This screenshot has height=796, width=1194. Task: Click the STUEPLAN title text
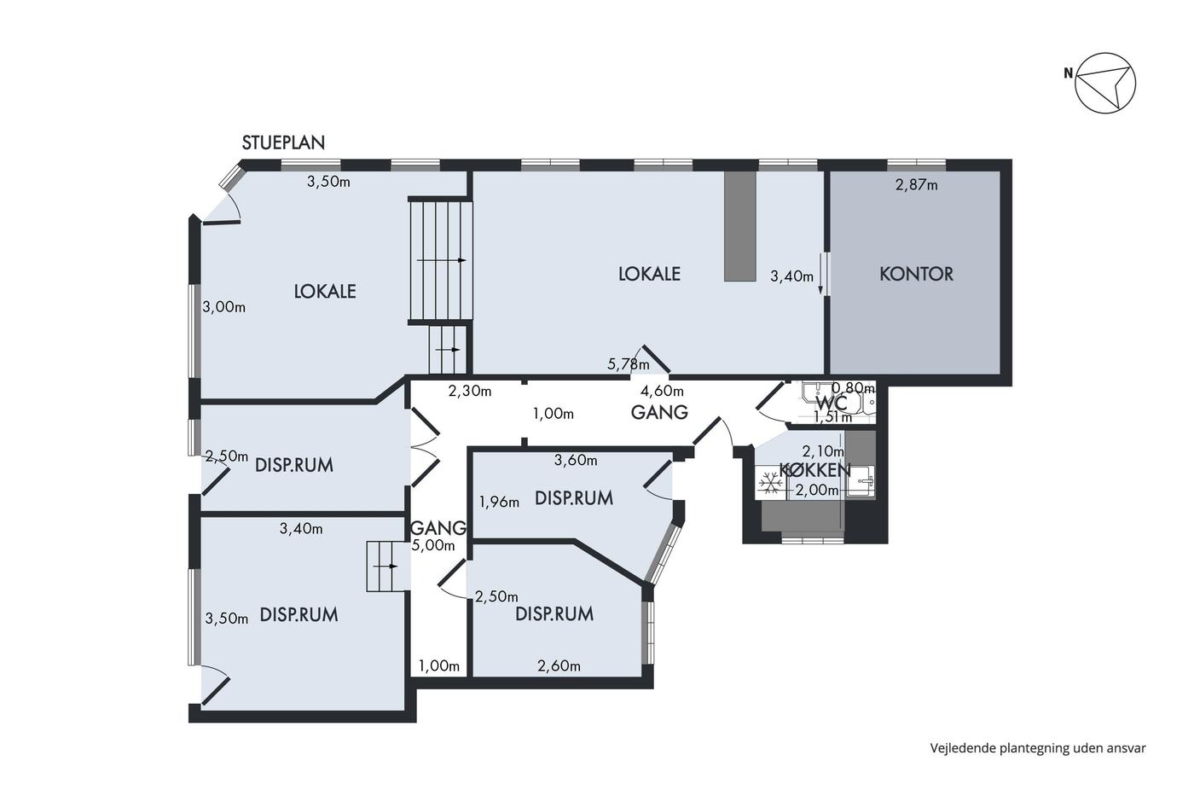pyautogui.click(x=283, y=142)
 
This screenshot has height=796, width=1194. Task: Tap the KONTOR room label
pyautogui.click(x=916, y=274)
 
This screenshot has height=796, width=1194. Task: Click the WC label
pyautogui.click(x=832, y=402)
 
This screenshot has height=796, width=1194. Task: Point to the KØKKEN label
pyautogui.click(x=815, y=470)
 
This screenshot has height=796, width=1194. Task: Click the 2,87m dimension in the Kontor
pyautogui.click(x=916, y=185)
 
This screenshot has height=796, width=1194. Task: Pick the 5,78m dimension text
pyautogui.click(x=629, y=364)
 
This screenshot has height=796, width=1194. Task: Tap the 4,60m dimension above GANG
pyautogui.click(x=662, y=391)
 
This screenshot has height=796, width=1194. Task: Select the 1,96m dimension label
pyautogui.click(x=499, y=502)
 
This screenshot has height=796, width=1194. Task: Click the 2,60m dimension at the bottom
pyautogui.click(x=559, y=666)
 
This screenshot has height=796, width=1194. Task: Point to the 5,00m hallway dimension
pyautogui.click(x=433, y=545)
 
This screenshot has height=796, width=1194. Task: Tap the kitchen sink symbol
pyautogui.click(x=861, y=482)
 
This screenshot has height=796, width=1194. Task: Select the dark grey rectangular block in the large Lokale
pyautogui.click(x=740, y=226)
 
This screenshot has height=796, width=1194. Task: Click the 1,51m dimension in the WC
pyautogui.click(x=832, y=417)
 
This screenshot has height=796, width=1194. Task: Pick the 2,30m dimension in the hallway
pyautogui.click(x=470, y=392)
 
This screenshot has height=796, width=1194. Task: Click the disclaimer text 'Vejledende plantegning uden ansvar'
pyautogui.click(x=1038, y=748)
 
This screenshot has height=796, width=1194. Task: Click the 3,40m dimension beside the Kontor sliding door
pyautogui.click(x=792, y=276)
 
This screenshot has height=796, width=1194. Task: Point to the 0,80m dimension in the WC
pyautogui.click(x=853, y=387)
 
